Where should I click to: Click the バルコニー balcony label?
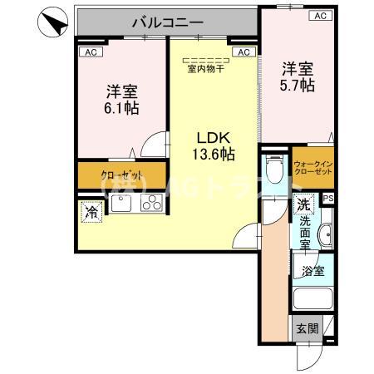tap(165, 23)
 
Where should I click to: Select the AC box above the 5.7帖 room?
tap(319, 16)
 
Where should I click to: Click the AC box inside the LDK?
tap(244, 52)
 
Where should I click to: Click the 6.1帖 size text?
tap(121, 108)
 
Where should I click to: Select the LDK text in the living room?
tap(211, 137)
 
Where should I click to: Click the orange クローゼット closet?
tap(121, 176)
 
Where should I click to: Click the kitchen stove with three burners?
tap(152, 204)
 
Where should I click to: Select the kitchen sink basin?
tap(121, 204)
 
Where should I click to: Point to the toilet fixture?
tap(276, 170)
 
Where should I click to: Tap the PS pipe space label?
tap(328, 198)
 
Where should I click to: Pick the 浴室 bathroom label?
tap(312, 270)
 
